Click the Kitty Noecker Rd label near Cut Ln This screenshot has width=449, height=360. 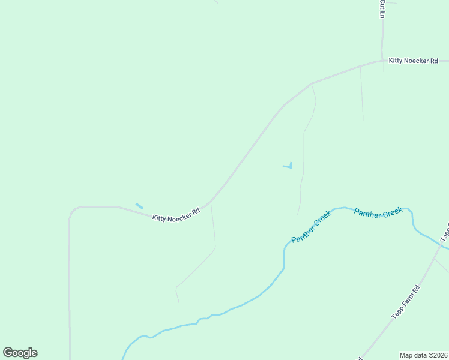[414, 61]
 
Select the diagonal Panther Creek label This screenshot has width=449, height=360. [311, 227]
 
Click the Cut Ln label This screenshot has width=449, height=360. [382, 8]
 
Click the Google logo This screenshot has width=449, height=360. [20, 353]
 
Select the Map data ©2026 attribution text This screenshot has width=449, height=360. [423, 355]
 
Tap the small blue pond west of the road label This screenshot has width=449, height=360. [139, 206]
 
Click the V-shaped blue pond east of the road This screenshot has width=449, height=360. [289, 166]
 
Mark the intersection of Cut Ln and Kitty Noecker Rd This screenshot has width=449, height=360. [382, 61]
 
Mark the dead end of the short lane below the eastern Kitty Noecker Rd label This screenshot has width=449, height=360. [363, 119]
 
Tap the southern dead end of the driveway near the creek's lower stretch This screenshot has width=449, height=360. [179, 302]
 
